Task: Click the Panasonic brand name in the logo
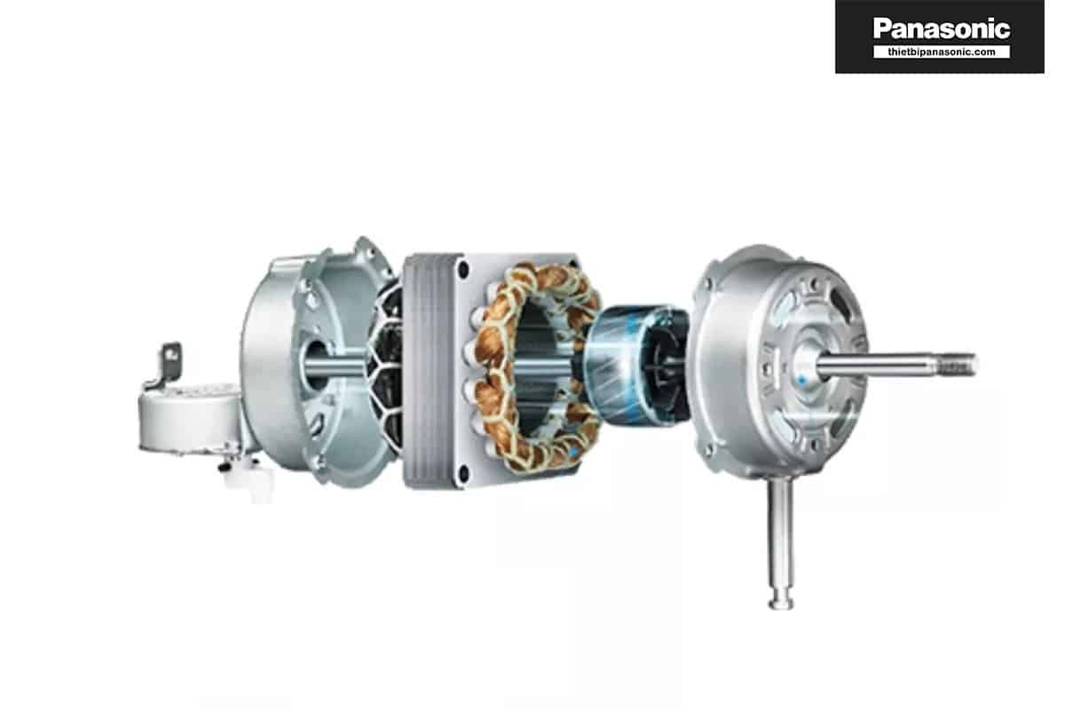(942, 28)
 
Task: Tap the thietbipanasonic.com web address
(942, 51)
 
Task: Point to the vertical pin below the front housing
(781, 542)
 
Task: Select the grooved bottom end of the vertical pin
(781, 600)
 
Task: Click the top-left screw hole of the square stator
(463, 270)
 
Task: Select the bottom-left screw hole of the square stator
(463, 473)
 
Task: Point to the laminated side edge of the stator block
(425, 371)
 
